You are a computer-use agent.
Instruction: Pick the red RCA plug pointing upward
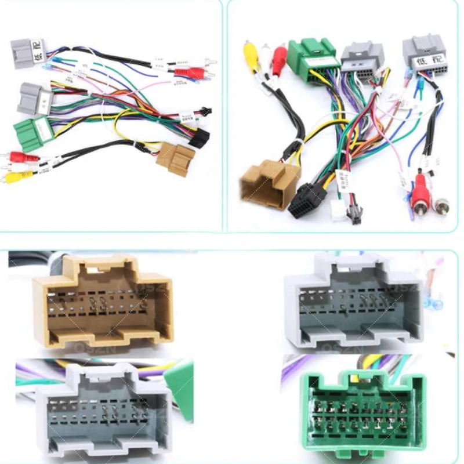pos(280,56)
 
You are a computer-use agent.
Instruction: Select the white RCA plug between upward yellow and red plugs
pos(266,54)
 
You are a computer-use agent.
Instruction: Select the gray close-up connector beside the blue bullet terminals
pos(354,302)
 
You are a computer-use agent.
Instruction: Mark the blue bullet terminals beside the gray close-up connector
pos(433,302)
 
